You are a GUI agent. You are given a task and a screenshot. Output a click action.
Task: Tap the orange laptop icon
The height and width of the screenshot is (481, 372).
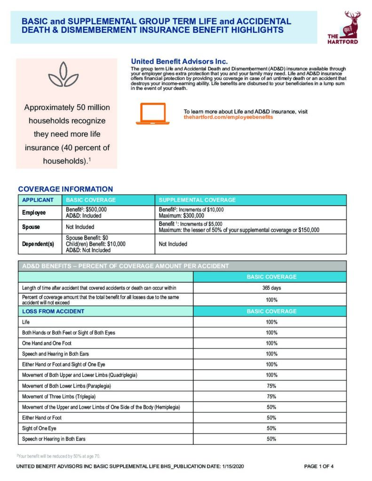pyautogui.click(x=152, y=114)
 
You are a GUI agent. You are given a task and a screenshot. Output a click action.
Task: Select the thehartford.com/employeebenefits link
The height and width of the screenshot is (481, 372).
pyautogui.click(x=228, y=117)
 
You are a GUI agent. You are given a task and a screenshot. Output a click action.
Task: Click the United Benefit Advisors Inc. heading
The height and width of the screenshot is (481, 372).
pyautogui.click(x=179, y=62)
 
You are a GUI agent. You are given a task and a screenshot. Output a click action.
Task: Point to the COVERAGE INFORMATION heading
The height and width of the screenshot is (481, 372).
pyautogui.click(x=65, y=189)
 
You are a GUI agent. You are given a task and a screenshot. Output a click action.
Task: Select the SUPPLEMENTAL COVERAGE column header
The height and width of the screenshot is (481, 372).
pyautogui.click(x=197, y=200)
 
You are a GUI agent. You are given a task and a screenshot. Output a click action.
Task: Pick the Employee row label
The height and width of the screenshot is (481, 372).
pyautogui.click(x=34, y=213)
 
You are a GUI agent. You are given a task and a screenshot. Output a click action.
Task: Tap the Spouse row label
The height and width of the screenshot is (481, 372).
pyautogui.click(x=32, y=227)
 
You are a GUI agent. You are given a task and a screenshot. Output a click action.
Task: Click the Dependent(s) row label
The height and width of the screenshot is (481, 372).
pyautogui.click(x=38, y=244)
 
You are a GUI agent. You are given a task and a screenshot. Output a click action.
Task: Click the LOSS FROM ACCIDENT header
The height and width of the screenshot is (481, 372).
pyautogui.click(x=53, y=311)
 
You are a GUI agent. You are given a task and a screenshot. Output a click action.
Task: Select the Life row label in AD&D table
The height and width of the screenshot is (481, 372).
pyautogui.click(x=26, y=322)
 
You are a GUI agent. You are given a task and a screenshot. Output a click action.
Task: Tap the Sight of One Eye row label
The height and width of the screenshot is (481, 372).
pyautogui.click(x=39, y=428)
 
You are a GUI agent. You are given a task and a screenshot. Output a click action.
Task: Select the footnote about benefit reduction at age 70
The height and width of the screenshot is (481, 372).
pyautogui.click(x=59, y=456)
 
